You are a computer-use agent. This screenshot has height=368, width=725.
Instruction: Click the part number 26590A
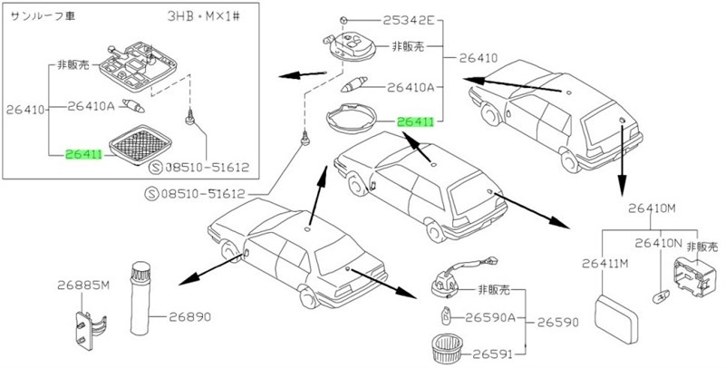[x=490, y=317]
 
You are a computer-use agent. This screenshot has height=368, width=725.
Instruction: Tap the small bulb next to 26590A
[x=448, y=317]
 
